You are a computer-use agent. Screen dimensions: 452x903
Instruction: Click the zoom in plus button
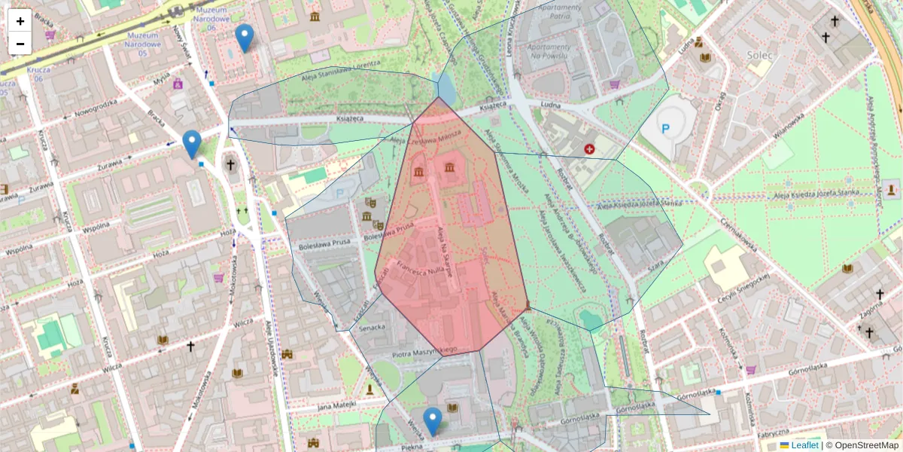20,21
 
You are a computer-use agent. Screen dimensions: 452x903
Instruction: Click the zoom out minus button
20,44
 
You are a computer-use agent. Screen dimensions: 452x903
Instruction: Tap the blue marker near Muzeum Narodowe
244,38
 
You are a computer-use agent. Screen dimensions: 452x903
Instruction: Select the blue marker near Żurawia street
192,144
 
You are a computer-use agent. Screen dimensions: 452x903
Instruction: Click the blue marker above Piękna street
432,421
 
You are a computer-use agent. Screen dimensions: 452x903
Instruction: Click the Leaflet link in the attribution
804,445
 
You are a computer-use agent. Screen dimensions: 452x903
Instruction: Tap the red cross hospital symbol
588,150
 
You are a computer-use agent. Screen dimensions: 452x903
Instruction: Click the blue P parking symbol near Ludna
665,129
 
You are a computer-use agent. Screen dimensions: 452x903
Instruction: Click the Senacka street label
372,327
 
